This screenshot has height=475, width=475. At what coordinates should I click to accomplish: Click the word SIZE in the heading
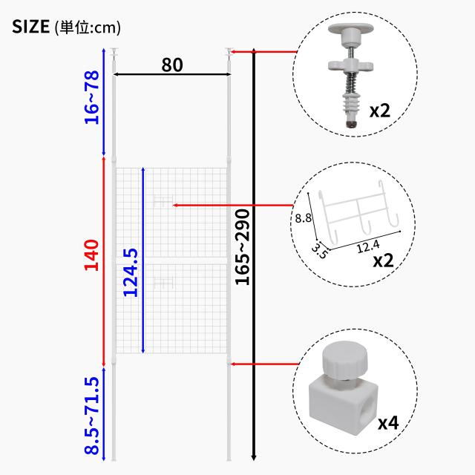click(30, 27)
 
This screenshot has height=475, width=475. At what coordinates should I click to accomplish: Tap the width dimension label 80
click(172, 65)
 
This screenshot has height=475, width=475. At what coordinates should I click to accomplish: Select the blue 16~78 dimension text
click(92, 97)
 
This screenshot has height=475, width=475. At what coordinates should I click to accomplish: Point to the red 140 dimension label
click(91, 255)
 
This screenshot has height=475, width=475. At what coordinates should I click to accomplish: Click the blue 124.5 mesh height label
click(131, 272)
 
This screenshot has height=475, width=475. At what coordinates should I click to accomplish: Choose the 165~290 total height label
click(243, 247)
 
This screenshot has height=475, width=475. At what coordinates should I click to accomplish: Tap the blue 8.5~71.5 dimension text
click(92, 416)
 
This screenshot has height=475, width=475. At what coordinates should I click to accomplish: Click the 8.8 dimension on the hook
click(304, 217)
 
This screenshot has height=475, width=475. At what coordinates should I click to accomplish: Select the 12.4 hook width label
click(368, 246)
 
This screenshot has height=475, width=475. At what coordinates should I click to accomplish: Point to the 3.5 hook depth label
click(320, 251)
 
